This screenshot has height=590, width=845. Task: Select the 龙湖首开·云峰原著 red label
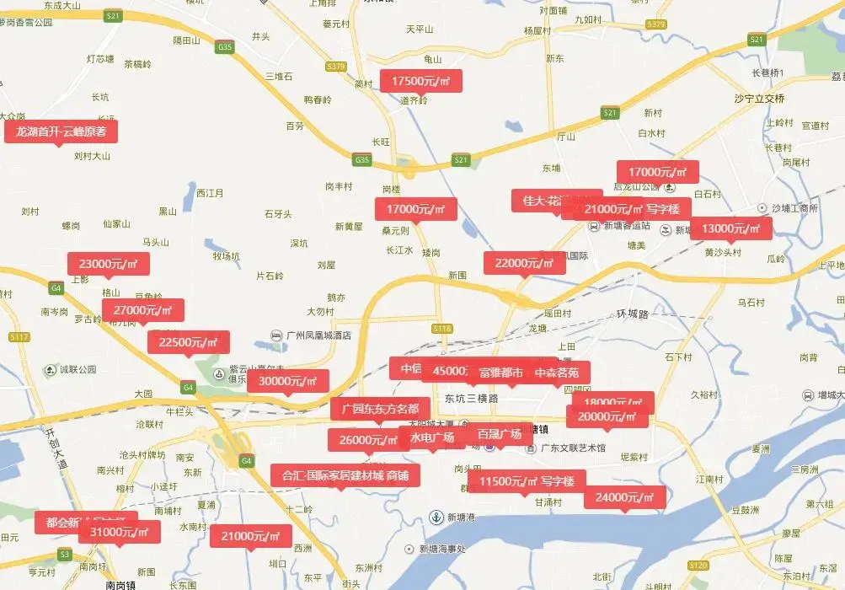coord(61,131)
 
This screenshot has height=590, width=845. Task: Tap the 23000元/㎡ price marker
coord(109,264)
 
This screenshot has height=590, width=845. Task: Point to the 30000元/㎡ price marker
coord(287,381)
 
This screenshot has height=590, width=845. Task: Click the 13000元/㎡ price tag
coord(730,228)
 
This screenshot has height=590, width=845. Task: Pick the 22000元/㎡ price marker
coord(524,263)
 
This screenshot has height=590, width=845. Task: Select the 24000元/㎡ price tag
coord(624,497)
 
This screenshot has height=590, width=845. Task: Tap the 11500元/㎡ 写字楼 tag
coord(520,482)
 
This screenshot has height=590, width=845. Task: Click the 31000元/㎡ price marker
coord(119,532)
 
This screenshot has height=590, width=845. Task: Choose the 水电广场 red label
coord(432,437)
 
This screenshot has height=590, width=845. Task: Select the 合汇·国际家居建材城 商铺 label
coord(345,476)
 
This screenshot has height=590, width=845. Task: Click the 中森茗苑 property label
coord(557,372)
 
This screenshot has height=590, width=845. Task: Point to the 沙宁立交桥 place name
coord(759,99)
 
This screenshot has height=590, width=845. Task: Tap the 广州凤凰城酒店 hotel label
coord(318,335)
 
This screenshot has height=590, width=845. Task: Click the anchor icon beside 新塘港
coord(436,517)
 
